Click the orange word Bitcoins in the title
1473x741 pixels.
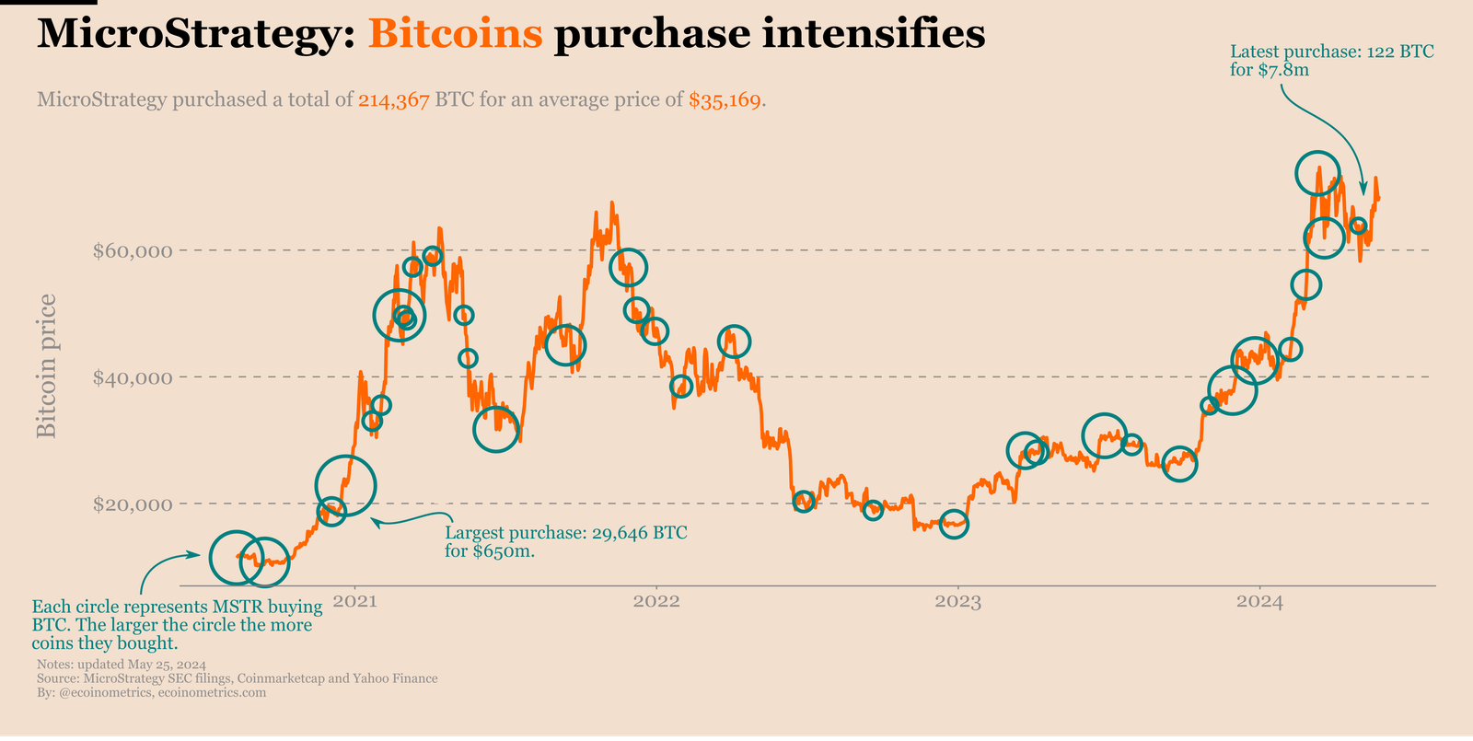[x=455, y=35]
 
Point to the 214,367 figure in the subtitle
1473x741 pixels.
[x=394, y=100]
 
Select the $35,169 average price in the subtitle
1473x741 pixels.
[x=725, y=100]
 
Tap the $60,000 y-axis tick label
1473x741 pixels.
[x=133, y=250]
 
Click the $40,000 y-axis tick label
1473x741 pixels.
[x=133, y=377]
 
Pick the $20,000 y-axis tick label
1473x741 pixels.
[x=133, y=504]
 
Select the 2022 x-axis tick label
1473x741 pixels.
[x=656, y=602]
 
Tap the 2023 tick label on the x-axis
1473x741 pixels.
[x=957, y=602]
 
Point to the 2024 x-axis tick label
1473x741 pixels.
[x=1259, y=602]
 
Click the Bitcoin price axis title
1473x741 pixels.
[x=46, y=366]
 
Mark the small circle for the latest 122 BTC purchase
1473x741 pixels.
[x=1358, y=226]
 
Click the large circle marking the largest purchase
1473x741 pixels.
[x=345, y=484]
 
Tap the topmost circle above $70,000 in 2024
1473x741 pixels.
[x=1317, y=172]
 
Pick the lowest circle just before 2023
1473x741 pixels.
[x=955, y=524]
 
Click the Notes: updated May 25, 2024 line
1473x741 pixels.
[x=121, y=665]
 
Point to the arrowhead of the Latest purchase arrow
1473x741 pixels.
[x=1363, y=191]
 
